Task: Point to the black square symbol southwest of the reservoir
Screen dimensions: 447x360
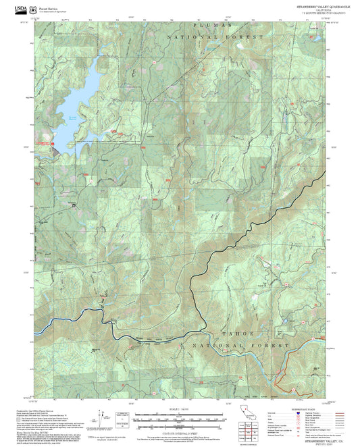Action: pyautogui.click(x=74, y=205)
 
